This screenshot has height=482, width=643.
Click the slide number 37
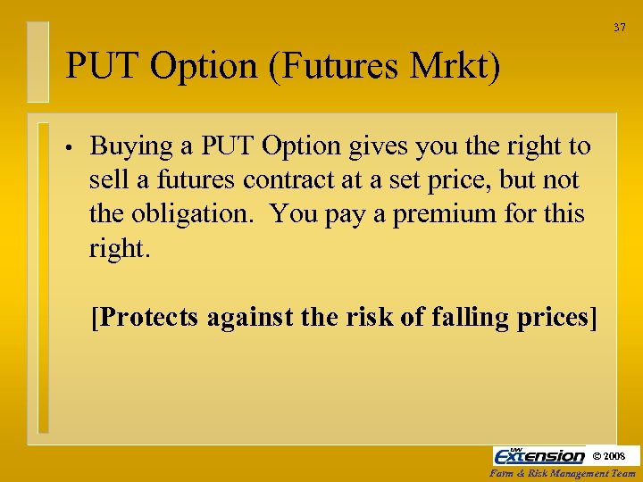click(620, 28)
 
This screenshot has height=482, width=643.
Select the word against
click(255, 319)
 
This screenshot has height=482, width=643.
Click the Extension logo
click(539, 455)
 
